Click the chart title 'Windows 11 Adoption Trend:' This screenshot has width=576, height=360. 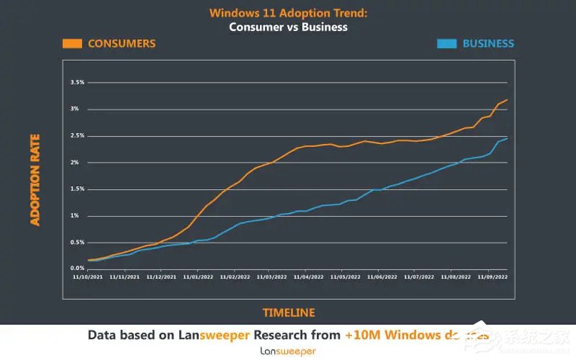click(x=288, y=13)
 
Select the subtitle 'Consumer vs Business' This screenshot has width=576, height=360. click(x=288, y=27)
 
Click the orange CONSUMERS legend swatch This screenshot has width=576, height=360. click(x=72, y=43)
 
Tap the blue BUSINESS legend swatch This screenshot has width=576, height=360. click(x=446, y=43)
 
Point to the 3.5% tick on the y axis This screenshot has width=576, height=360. click(x=78, y=83)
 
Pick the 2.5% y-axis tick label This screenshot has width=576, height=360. click(x=78, y=136)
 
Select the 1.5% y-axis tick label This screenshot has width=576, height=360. click(x=78, y=189)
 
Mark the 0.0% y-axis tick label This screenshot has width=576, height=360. click(x=78, y=269)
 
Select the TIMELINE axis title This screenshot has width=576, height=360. click(x=288, y=312)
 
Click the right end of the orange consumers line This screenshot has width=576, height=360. click(x=508, y=99)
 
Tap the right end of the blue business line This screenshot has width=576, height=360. click(x=508, y=138)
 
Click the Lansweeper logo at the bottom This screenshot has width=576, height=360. click(x=288, y=351)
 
